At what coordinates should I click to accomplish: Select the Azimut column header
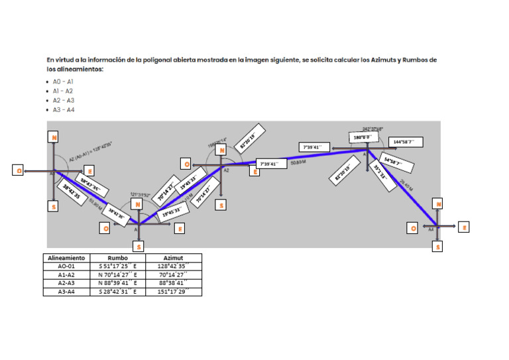(x=174, y=258)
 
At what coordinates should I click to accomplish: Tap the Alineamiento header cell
(x=66, y=258)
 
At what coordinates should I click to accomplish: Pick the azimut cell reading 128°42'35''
(x=174, y=266)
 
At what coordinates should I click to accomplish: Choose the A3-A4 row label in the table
(x=66, y=291)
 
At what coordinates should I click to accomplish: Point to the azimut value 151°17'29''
(x=174, y=291)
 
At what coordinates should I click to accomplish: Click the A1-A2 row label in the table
(x=66, y=274)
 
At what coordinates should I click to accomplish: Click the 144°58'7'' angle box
(x=404, y=142)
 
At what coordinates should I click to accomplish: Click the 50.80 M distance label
(x=298, y=161)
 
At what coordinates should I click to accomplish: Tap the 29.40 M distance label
(x=406, y=188)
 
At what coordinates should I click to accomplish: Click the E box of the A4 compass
(x=464, y=227)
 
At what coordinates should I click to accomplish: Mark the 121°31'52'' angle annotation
(x=140, y=194)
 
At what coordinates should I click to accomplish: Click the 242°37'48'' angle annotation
(x=372, y=129)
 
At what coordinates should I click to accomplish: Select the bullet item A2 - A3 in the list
(x=64, y=100)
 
